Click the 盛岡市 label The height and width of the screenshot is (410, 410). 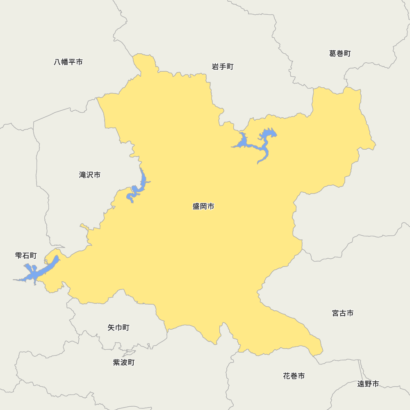tap(203, 206)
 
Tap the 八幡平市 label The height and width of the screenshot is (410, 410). tap(68, 62)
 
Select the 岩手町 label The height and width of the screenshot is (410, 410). tap(223, 66)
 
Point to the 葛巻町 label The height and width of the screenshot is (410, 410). tap(340, 53)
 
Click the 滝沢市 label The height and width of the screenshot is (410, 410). tap(90, 175)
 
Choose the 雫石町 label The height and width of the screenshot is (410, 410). tap(26, 255)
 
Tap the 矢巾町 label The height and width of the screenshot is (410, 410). tap(118, 328)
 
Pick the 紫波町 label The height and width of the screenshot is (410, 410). tap(123, 362)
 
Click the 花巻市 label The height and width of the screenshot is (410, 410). tap(294, 376)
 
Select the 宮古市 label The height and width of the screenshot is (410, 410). tap(343, 313)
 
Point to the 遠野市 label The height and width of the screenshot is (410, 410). tap(368, 384)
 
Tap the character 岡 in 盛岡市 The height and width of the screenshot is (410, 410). tap(203, 206)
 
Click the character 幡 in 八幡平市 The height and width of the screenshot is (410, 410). tap(65, 62)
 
